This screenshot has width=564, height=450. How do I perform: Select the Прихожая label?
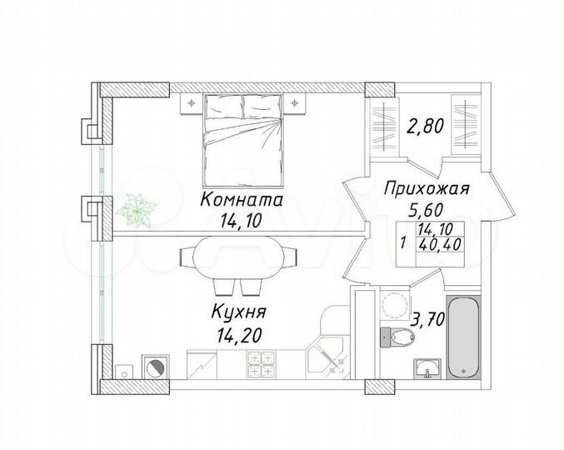coord(427,189)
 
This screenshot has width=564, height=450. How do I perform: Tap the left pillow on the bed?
coord(219,107)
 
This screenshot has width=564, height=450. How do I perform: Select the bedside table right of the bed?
coord(297,102)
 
